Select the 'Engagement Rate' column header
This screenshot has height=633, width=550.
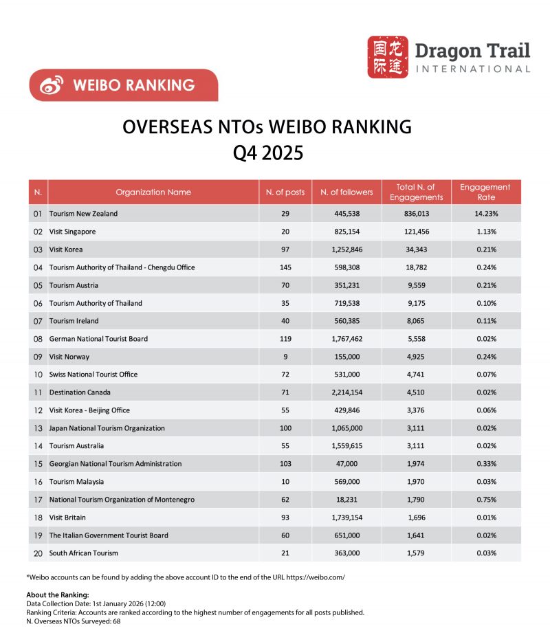click(x=485, y=192)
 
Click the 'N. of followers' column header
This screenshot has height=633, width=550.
click(x=346, y=192)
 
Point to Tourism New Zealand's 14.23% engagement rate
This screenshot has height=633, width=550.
click(x=485, y=214)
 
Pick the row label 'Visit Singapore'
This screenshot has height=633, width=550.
click(x=72, y=232)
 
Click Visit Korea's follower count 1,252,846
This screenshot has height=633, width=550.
click(x=346, y=249)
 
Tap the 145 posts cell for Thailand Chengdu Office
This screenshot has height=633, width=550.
click(x=285, y=267)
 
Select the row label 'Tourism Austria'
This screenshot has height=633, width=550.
click(x=74, y=285)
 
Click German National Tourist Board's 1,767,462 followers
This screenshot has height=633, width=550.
click(x=346, y=339)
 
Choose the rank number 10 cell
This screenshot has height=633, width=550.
click(x=38, y=375)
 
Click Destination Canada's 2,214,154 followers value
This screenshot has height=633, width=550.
click(x=346, y=392)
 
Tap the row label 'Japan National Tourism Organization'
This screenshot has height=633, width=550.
click(x=107, y=428)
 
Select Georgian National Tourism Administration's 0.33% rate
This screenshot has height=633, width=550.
click(x=485, y=464)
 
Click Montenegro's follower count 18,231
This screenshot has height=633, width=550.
click(x=346, y=500)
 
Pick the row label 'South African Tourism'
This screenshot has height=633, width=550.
click(x=83, y=553)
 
